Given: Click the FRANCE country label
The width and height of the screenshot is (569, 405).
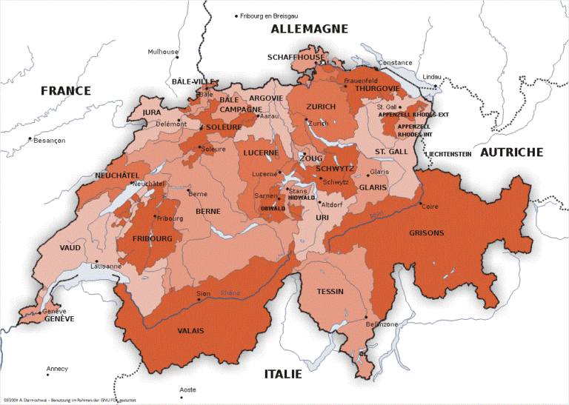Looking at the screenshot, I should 66,91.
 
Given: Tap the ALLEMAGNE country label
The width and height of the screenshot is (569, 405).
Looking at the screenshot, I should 309,29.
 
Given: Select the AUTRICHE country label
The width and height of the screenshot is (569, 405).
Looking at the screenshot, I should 511,152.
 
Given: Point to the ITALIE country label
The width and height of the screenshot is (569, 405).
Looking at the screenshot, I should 283,374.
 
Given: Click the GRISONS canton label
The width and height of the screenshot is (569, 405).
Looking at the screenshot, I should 427,233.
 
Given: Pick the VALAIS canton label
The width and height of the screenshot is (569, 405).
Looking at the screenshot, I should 190,331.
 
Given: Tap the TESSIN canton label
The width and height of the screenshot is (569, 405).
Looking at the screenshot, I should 330,292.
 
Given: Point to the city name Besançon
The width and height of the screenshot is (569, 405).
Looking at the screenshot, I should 50,140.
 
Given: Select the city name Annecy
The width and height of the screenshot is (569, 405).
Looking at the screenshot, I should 57,369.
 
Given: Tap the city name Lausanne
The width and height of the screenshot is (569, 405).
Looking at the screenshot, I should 105,266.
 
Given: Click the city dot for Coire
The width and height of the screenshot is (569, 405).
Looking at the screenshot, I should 420,204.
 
